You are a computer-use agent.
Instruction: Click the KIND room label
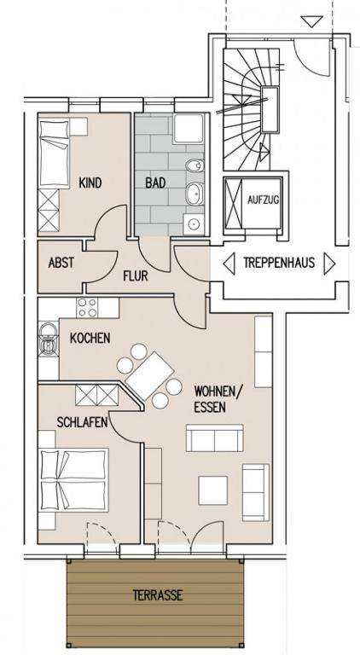pyautogui.click(x=90, y=183)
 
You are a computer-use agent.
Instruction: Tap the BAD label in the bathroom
pyautogui.click(x=155, y=183)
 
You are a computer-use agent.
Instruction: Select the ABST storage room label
pyautogui.click(x=61, y=263)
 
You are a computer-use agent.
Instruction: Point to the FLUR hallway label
pyautogui.click(x=136, y=276)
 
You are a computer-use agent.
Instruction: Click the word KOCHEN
pyautogui.click(x=90, y=338)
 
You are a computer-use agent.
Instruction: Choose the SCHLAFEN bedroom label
pyautogui.click(x=83, y=422)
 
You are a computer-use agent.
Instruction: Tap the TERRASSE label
pyautogui.click(x=158, y=594)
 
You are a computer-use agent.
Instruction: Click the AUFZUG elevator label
pyautogui.click(x=263, y=200)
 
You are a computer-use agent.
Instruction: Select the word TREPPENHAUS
pyautogui.click(x=279, y=263)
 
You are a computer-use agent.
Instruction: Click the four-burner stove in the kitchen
pyautogui.click(x=88, y=307)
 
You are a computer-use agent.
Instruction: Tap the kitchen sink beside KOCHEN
pyautogui.click(x=49, y=339)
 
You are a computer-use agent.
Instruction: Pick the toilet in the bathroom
pyautogui.click(x=195, y=166)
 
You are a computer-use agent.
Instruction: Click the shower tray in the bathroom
pyautogui.click(x=189, y=128)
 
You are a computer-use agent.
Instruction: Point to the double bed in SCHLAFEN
pyautogui.click(x=73, y=480)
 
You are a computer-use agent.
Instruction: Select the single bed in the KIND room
pyautogui.click(x=54, y=154)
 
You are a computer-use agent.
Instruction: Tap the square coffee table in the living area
pyautogui.click(x=213, y=490)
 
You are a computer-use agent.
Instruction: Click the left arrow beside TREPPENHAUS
pyautogui.click(x=229, y=264)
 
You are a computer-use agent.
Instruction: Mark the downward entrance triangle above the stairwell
pyautogui.click(x=312, y=21)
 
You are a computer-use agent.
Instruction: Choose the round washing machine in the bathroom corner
pyautogui.click(x=194, y=224)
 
